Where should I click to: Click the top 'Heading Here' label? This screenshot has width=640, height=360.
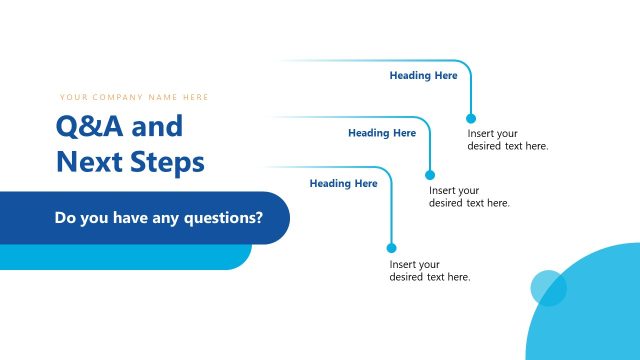(x=423, y=75)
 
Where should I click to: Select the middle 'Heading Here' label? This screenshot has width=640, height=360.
(x=382, y=133)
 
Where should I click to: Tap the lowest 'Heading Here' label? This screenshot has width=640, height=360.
(x=343, y=184)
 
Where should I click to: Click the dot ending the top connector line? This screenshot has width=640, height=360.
(x=471, y=118)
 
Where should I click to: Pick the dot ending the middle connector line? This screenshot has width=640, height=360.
(x=431, y=175)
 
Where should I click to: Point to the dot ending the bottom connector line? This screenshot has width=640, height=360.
(x=391, y=248)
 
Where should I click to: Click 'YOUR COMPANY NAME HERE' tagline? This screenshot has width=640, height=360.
(x=134, y=97)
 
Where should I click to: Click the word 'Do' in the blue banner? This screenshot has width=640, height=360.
(x=66, y=217)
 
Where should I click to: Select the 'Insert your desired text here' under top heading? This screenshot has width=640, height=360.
(x=507, y=140)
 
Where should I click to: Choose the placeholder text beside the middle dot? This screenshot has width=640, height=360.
(x=469, y=197)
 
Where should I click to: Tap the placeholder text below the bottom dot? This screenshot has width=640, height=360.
(x=429, y=271)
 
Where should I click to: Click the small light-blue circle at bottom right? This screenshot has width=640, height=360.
(x=548, y=288)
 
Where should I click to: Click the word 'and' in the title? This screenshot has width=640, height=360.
(x=158, y=128)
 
